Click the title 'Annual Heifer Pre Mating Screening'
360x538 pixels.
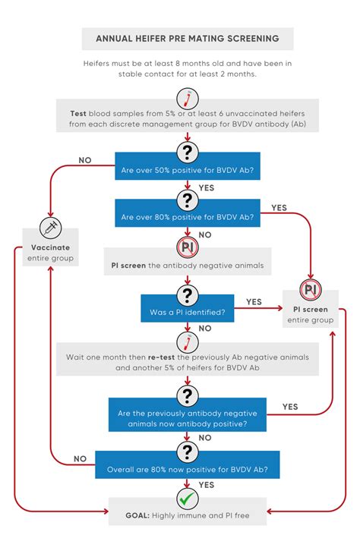point(188,39)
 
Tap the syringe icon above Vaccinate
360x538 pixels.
point(50,228)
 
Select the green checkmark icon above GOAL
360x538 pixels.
point(188,499)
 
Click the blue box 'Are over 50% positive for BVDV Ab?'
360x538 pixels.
point(188,166)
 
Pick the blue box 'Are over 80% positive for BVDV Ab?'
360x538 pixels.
point(188,213)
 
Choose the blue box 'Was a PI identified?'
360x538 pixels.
point(188,308)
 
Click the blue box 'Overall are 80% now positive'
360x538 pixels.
point(188,465)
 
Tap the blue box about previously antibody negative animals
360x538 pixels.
point(188,415)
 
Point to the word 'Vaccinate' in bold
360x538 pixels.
point(50,247)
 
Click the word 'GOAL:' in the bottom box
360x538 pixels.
point(137,515)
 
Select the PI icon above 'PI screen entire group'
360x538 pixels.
point(311,290)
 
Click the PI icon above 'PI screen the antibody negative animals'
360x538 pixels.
point(188,247)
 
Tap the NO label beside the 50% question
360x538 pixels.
point(85,160)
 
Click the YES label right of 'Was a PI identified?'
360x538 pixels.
point(254,302)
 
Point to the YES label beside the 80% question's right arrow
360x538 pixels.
point(279,208)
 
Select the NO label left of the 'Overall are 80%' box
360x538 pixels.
point(80,459)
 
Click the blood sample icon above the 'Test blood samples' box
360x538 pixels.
point(188,99)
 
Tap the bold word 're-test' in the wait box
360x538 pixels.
point(161,357)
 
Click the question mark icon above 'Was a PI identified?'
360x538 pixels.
point(188,295)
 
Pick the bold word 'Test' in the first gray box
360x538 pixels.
point(78,114)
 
